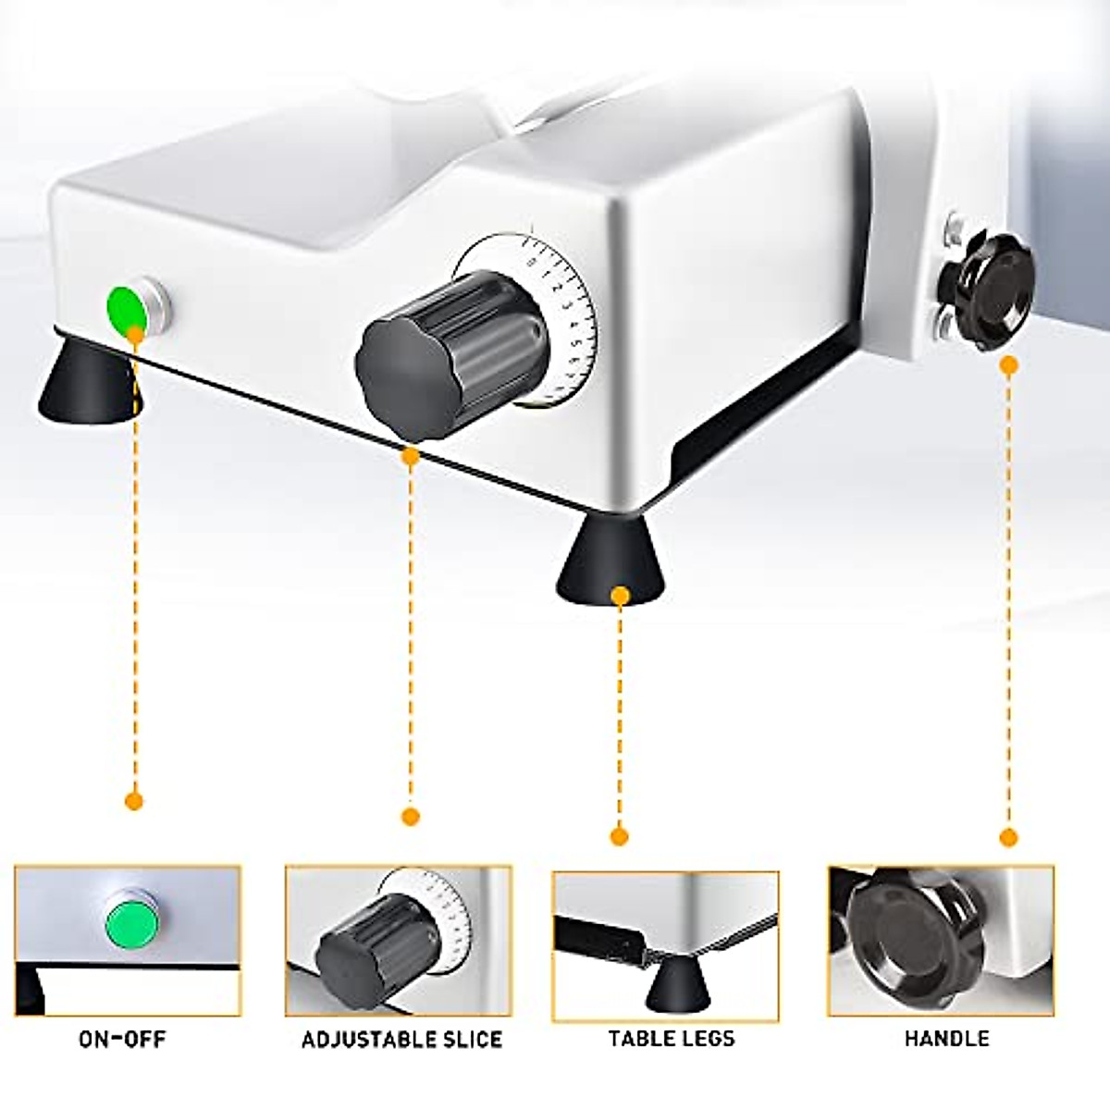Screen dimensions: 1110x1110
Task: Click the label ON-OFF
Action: [x=123, y=1039]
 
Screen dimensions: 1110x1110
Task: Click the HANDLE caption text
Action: [x=947, y=1039]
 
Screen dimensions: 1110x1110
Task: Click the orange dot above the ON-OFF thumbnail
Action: [x=133, y=801]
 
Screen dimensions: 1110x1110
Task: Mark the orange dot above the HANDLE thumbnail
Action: [x=1009, y=837]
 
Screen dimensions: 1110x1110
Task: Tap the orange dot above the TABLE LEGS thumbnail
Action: [x=620, y=836]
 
